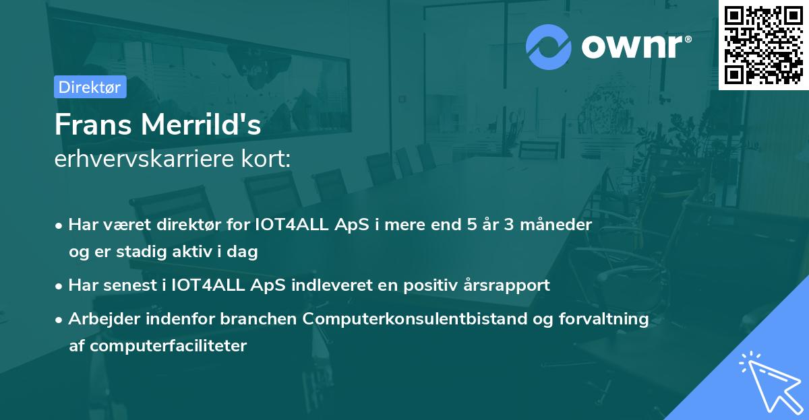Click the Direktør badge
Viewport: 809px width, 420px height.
coord(90,87)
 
